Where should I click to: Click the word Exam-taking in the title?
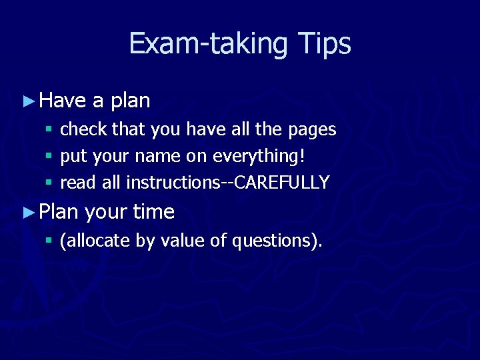tap(207, 44)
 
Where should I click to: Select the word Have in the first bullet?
tap(63, 101)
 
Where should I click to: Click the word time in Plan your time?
tap(153, 212)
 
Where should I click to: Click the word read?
tap(75, 182)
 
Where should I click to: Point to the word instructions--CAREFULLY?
tap(227, 182)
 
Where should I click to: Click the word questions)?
tap(277, 241)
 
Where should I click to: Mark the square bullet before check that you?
tap(48, 129)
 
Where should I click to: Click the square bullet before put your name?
tap(48, 156)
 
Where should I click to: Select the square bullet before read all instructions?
tap(48, 183)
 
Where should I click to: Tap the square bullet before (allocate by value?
tap(48, 241)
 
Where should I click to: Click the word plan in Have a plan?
tap(130, 101)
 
